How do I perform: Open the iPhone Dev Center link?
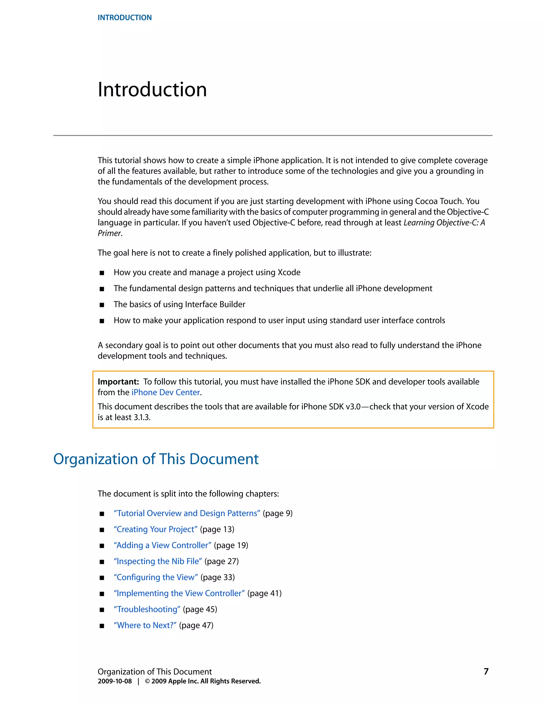[166, 392]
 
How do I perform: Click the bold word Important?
[118, 382]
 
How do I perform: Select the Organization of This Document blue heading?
[156, 459]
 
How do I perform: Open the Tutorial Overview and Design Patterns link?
[187, 513]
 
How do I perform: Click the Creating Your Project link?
[155, 529]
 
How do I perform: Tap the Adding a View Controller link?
[162, 545]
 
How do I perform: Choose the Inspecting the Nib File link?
[158, 561]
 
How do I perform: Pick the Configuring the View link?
[156, 577]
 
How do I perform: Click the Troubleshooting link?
[147, 609]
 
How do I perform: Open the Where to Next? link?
[145, 625]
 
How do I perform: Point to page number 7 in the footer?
[486, 671]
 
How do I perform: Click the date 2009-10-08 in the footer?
[115, 681]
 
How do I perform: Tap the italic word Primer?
[109, 233]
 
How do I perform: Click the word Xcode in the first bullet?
[289, 272]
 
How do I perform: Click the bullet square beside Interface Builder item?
[102, 305]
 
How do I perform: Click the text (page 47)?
[196, 625]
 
